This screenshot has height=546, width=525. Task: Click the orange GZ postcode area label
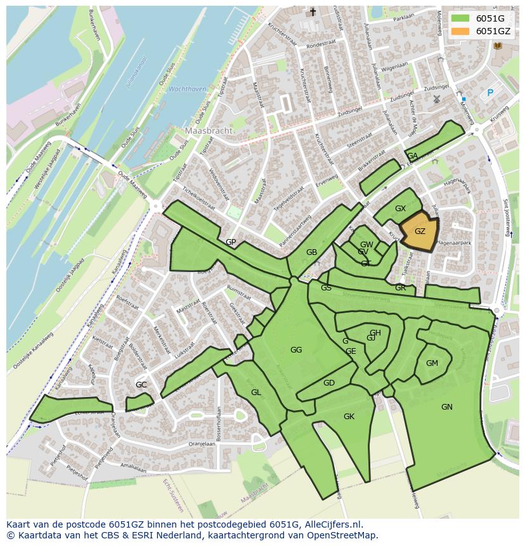420,231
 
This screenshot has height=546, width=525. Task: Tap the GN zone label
447,407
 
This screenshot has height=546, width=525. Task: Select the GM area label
432,363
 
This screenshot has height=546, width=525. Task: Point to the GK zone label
349,417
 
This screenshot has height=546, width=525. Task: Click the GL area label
256,393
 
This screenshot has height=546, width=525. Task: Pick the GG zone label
296,350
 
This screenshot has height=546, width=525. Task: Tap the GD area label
328,383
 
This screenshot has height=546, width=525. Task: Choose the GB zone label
311,252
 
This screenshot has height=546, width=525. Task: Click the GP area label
231,242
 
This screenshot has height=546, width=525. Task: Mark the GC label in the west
141,385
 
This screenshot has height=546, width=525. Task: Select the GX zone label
400,209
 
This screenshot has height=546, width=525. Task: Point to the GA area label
412,156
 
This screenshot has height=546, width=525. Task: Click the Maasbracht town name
209,131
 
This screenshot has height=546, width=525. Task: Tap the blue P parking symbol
489,93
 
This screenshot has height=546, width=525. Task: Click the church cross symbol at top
312,13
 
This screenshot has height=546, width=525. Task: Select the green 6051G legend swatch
461,18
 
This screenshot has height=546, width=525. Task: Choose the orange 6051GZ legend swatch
461,31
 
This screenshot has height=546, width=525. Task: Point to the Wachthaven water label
188,89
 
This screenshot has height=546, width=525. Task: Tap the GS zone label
326,288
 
